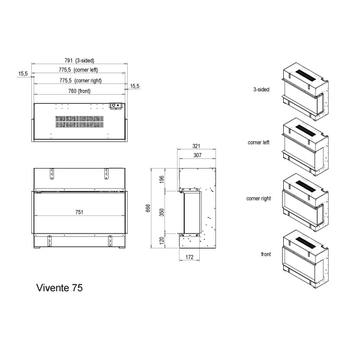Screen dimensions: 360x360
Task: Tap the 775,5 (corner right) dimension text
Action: pos(80,80)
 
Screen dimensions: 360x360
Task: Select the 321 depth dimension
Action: pos(196,146)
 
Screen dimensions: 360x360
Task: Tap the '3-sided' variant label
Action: pos(261,89)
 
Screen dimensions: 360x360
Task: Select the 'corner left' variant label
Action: pos(259,143)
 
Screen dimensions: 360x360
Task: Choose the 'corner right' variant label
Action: pos(258,198)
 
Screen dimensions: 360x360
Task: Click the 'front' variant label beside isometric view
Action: pos(266,254)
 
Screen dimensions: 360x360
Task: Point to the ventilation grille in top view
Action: pos(80,122)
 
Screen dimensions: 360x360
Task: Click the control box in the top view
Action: pos(116,106)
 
